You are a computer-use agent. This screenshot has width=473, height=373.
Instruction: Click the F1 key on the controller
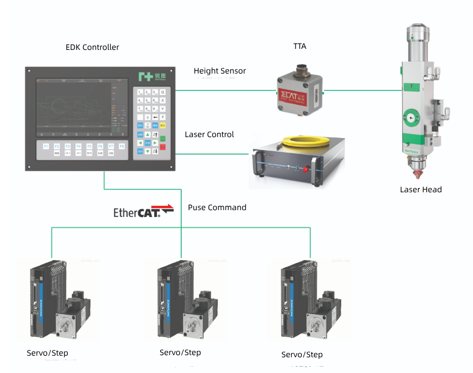click(x=46, y=147)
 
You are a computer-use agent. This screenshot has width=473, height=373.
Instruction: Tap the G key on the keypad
click(x=163, y=91)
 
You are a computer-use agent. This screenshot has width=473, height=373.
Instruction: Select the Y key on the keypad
click(x=163, y=109)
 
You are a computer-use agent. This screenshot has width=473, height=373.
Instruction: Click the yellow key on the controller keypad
click(x=163, y=126)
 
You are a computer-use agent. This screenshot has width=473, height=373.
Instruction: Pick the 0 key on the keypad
click(x=148, y=117)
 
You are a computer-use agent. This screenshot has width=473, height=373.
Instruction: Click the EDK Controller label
click(x=92, y=47)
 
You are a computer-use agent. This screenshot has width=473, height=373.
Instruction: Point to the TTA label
click(x=300, y=46)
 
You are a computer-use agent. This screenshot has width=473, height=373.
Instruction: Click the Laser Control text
click(x=209, y=134)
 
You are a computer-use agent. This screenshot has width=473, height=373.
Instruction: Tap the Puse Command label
click(x=217, y=208)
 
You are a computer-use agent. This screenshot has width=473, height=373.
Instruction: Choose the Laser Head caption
click(x=421, y=190)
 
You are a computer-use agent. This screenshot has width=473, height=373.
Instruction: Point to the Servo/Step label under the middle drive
click(x=180, y=353)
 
